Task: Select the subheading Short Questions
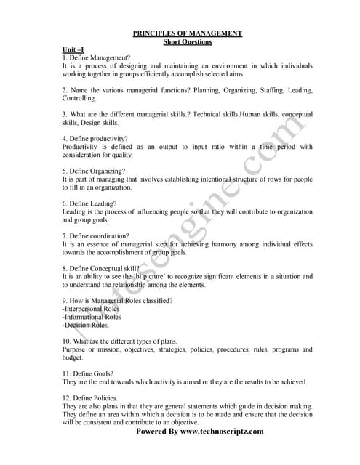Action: pos(187,41)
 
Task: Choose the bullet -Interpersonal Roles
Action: pos(92,309)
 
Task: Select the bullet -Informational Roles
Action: pos(92,317)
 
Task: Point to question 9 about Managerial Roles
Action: pos(117,301)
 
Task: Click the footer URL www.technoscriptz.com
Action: pos(222,431)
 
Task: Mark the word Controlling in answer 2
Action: pos(79,98)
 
